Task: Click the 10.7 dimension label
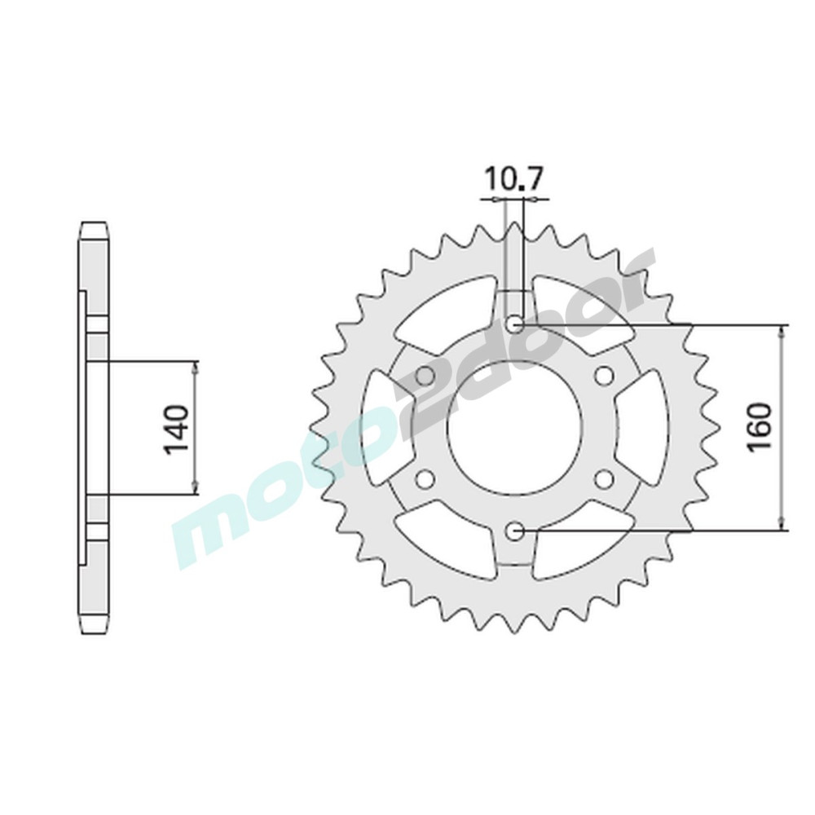[x=513, y=180]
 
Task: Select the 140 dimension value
[x=176, y=429]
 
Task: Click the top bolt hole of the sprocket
[x=515, y=325]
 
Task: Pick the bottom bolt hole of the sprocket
[x=514, y=531]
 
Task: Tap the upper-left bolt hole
[x=425, y=375]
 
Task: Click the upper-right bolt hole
[x=603, y=375]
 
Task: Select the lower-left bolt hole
[x=425, y=478]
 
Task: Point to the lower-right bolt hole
[x=603, y=478]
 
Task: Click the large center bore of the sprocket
[x=514, y=428]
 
